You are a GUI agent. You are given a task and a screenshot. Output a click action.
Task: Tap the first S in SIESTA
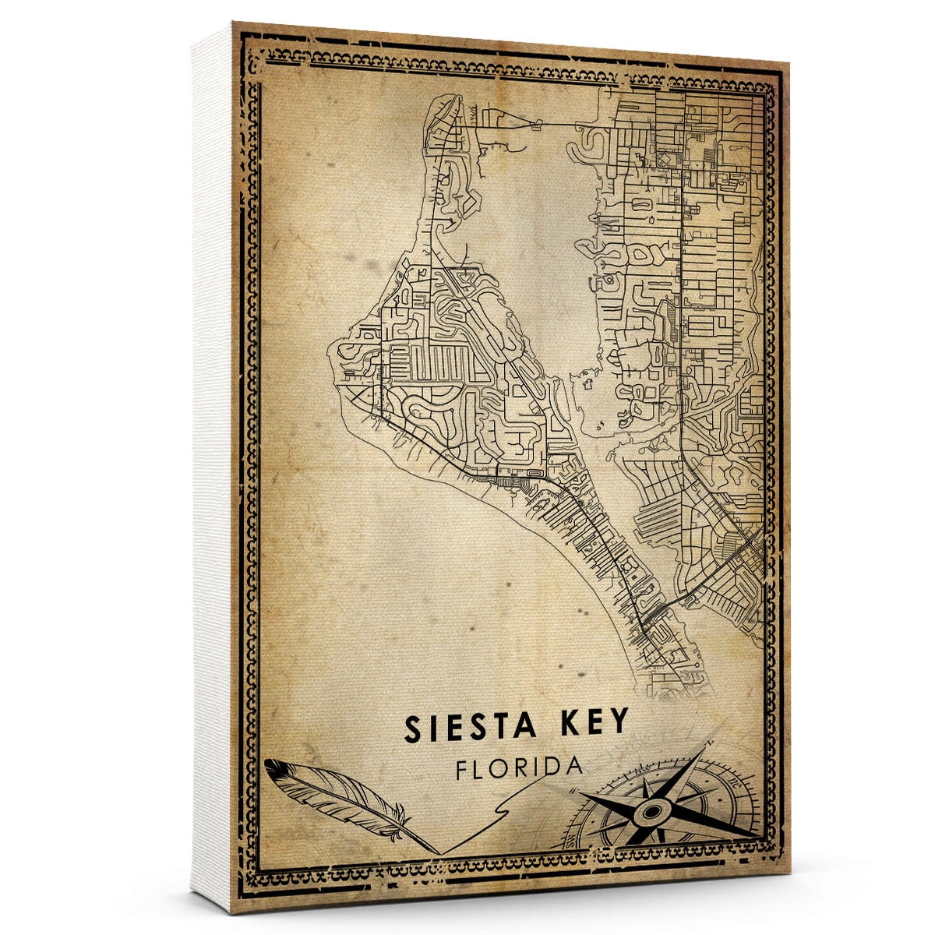click(412, 727)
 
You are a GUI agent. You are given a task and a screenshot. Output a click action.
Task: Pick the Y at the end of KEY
click(618, 722)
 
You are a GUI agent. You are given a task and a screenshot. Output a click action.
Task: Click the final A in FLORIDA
click(574, 764)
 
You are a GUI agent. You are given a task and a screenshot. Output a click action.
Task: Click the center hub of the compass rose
click(649, 812)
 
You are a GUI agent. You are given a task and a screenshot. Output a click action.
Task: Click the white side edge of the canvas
click(210, 467)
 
